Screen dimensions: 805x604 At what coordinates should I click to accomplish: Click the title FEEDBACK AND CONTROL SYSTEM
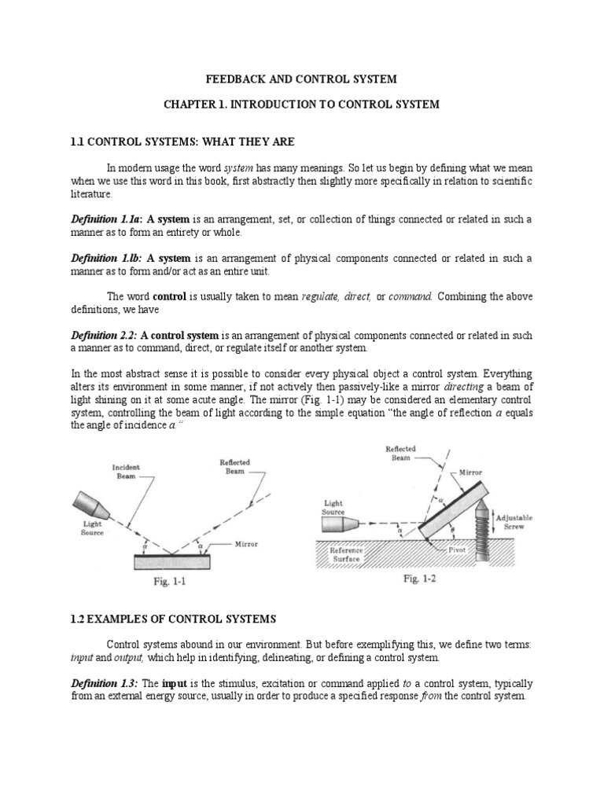pos(302,79)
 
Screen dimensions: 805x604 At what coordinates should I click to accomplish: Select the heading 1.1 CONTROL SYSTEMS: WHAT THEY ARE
pos(182,142)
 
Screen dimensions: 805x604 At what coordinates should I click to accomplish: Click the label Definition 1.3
pos(103,684)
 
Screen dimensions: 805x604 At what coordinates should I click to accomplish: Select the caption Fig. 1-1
pos(170,585)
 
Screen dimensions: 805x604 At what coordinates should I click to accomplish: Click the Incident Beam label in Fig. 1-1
pos(127,471)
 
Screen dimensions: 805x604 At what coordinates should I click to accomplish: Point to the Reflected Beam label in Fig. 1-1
pos(236,467)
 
